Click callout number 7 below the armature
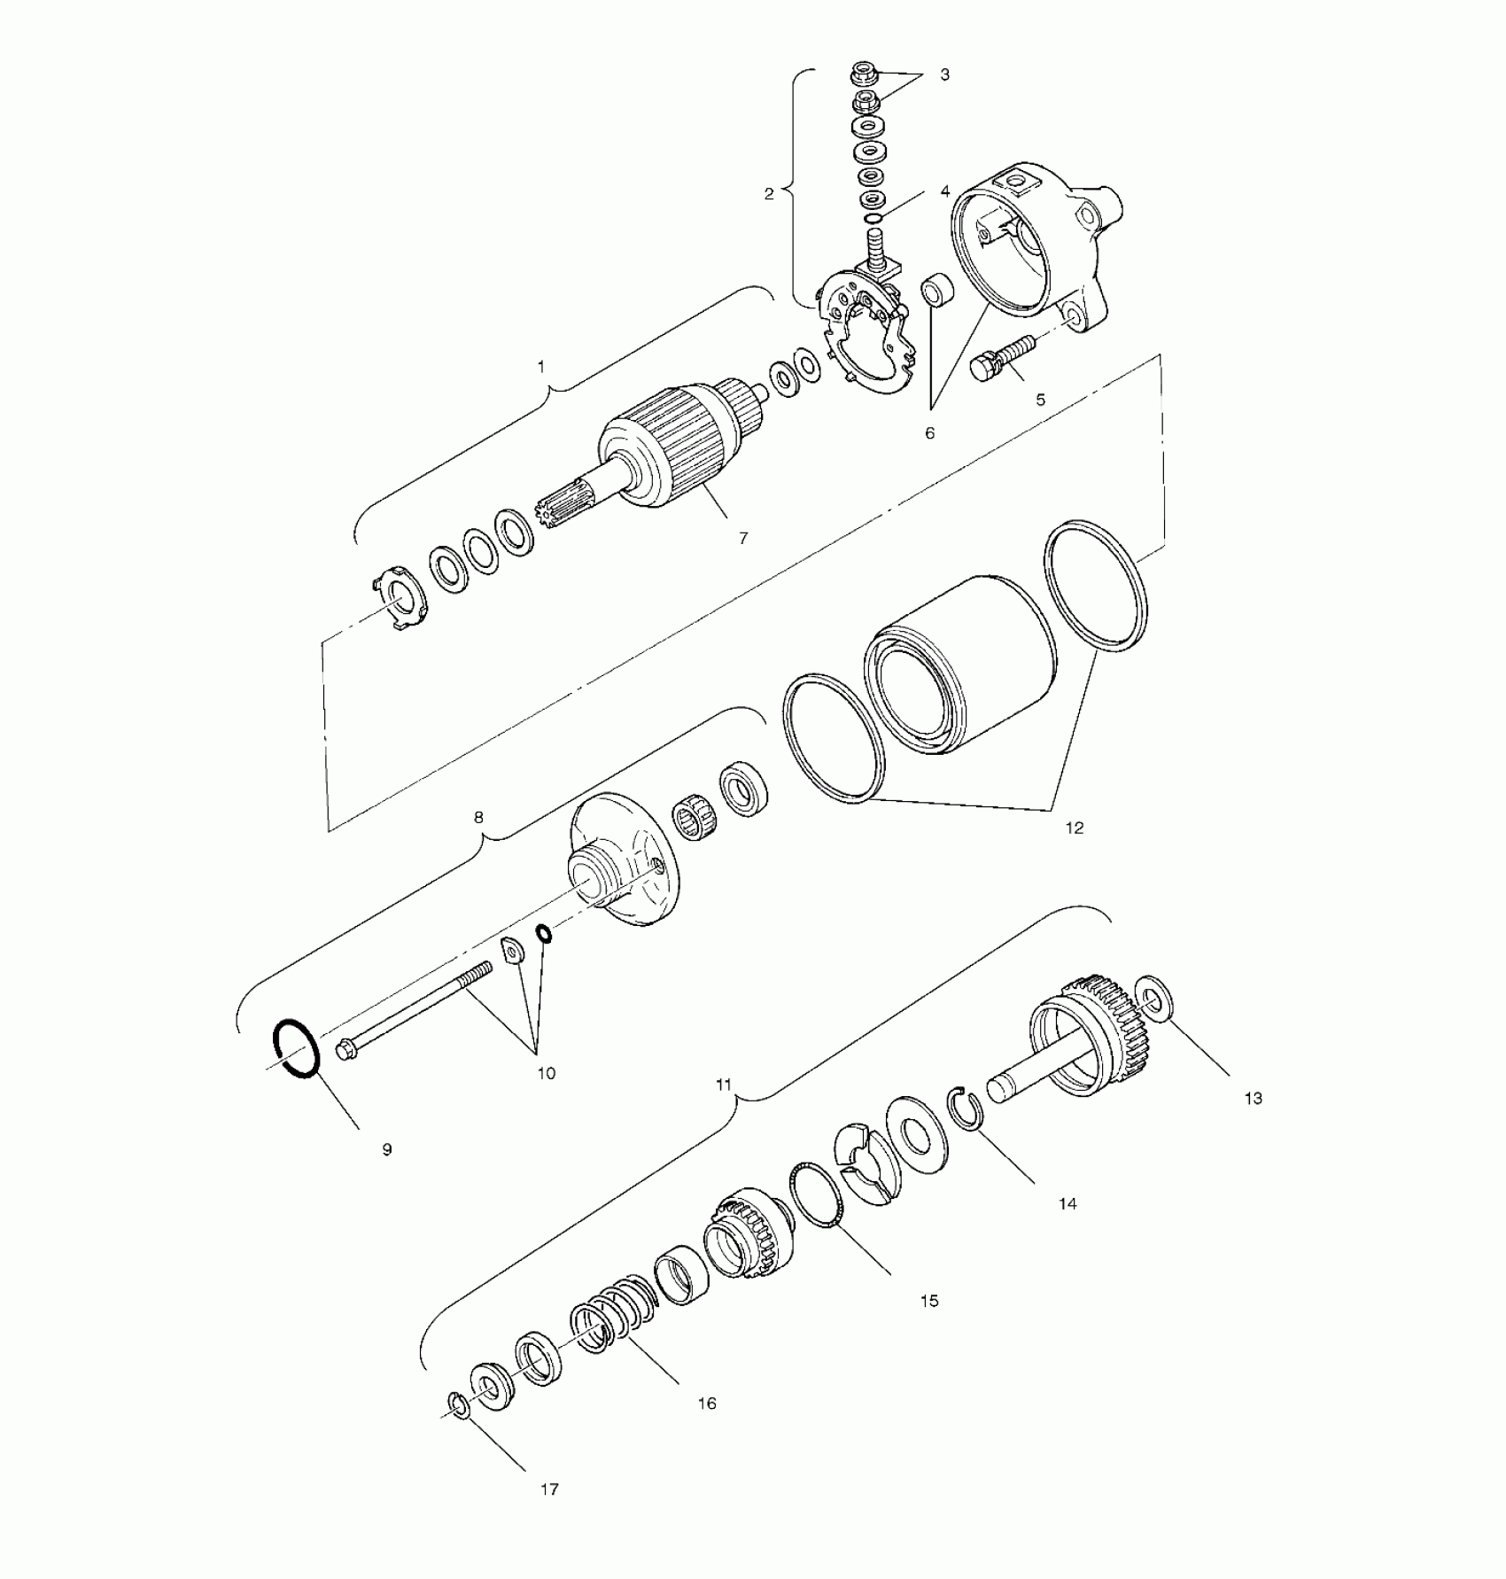[743, 538]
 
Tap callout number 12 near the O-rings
[1074, 828]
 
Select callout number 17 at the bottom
[549, 1490]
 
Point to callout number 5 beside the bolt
[1040, 400]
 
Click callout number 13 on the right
[1253, 1099]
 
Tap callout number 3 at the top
[944, 75]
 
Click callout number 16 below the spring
[706, 1403]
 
